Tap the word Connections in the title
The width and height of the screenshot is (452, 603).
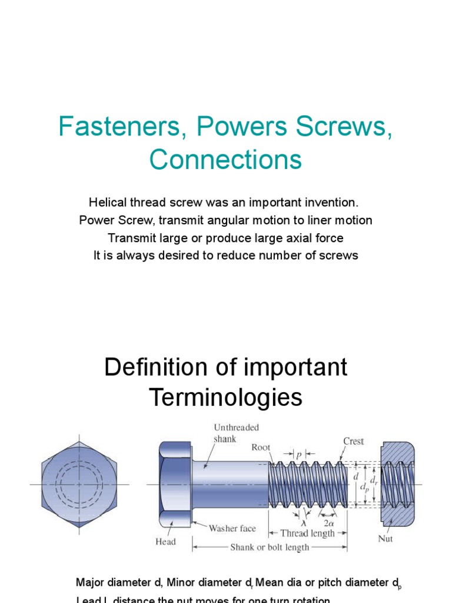click(225, 159)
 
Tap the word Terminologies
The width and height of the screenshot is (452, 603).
click(225, 398)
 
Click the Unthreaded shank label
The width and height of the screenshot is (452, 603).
click(235, 433)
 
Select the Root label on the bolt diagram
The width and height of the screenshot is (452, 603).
click(261, 448)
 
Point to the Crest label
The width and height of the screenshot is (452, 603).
click(353, 441)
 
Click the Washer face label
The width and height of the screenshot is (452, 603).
click(232, 528)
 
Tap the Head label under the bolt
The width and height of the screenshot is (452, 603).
click(165, 541)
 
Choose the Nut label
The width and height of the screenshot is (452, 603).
click(385, 538)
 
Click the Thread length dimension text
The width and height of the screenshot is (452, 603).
click(307, 534)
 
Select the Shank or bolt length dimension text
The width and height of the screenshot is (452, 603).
click(270, 547)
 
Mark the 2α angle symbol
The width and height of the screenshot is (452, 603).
click(330, 522)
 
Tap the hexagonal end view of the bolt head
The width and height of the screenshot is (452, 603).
click(79, 484)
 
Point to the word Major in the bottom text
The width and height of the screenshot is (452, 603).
click(90, 583)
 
